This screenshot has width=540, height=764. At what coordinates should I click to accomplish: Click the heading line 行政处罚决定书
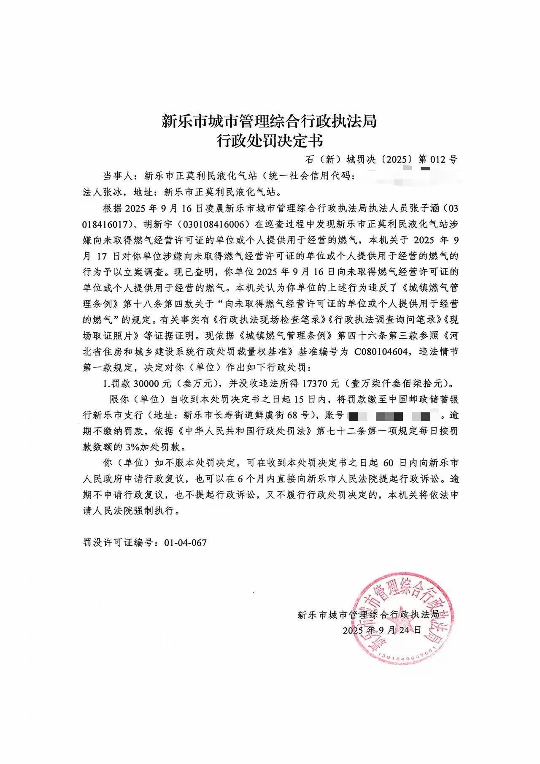[x=270, y=141]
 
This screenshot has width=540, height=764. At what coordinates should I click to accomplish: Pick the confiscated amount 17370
[x=321, y=384]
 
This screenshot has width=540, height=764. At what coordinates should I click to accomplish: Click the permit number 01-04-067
[x=185, y=543]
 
